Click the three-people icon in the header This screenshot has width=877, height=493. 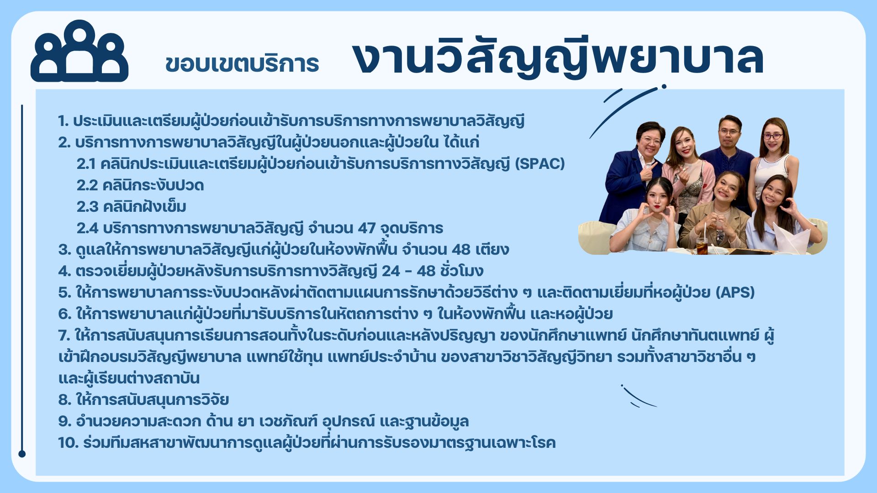tap(79, 51)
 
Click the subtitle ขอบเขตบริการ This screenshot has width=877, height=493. tap(242, 64)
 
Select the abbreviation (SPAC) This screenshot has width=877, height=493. tap(540, 163)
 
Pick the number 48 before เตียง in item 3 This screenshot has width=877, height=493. tap(461, 250)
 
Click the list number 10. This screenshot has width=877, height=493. tap(68, 443)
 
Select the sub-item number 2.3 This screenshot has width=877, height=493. tap(87, 207)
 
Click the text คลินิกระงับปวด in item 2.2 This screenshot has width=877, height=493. tap(153, 185)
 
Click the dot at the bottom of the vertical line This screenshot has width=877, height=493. tap(22, 454)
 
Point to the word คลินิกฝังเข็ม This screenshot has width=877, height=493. tap(144, 207)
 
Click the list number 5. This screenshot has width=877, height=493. tap(64, 293)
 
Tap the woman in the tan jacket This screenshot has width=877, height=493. tap(716, 212)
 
